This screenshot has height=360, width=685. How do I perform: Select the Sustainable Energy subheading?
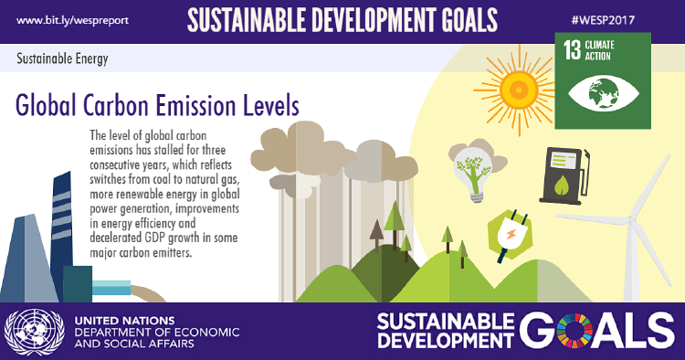point(62,60)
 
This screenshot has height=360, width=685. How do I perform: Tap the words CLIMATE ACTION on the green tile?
point(606,50)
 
